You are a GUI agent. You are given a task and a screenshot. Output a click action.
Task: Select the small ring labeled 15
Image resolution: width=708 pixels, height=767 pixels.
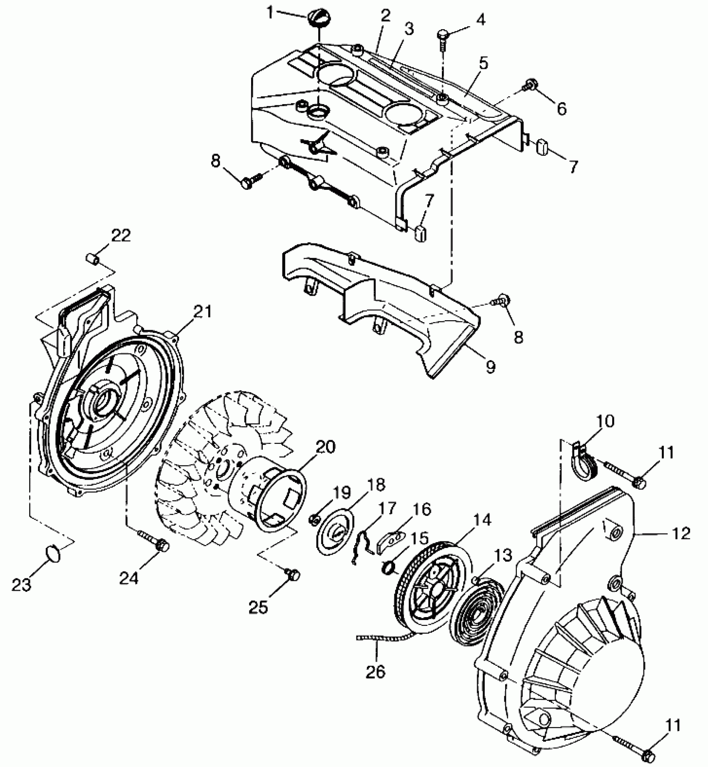click(x=388, y=567)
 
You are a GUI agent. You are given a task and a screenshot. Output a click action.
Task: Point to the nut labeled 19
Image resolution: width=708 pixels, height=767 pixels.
click(x=314, y=519)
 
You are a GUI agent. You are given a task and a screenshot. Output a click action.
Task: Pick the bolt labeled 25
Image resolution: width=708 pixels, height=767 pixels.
click(x=294, y=575)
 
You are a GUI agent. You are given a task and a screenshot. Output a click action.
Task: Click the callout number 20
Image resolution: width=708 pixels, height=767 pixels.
click(x=326, y=448)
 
